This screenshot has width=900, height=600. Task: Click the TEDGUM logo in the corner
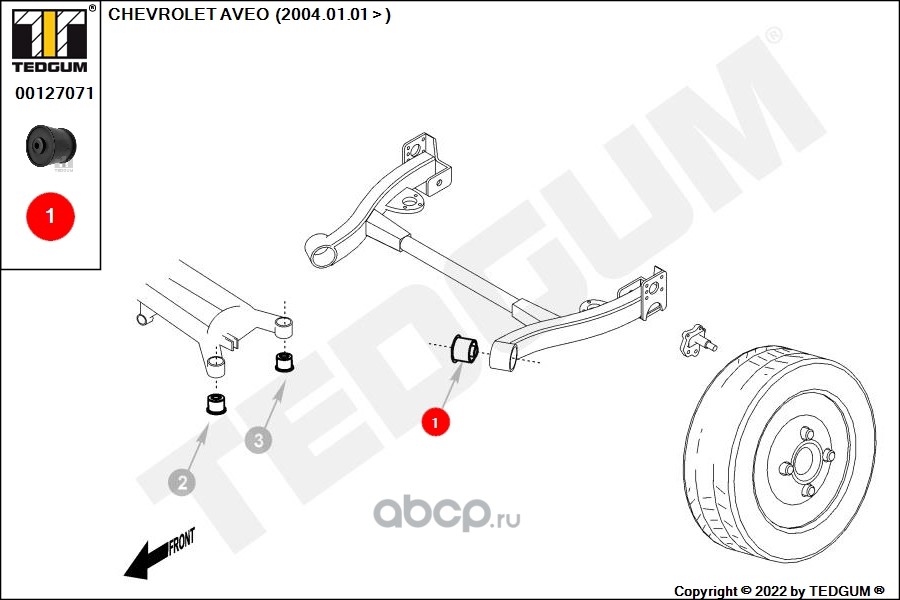[x=50, y=39]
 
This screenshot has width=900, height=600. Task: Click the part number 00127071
[x=54, y=94]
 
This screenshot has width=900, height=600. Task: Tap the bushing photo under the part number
[x=51, y=146]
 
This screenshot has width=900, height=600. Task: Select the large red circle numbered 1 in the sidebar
[x=51, y=216]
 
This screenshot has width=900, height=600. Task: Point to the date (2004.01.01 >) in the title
[x=333, y=14]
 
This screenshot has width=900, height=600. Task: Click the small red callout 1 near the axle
[x=435, y=423]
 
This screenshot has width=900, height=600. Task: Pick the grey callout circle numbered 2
[x=182, y=483]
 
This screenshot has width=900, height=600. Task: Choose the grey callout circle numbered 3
[x=258, y=440]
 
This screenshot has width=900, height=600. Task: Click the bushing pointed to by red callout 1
[x=464, y=348]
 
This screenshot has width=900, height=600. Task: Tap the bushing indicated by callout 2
[x=216, y=404]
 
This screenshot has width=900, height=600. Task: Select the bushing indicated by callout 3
[x=285, y=362]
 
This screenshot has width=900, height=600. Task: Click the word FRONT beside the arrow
[x=182, y=541]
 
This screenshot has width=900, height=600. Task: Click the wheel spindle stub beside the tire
[x=697, y=340]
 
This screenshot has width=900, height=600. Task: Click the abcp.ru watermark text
[x=447, y=513]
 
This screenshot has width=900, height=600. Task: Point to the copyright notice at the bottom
[x=779, y=591]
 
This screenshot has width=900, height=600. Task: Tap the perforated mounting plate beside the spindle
[x=654, y=294]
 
